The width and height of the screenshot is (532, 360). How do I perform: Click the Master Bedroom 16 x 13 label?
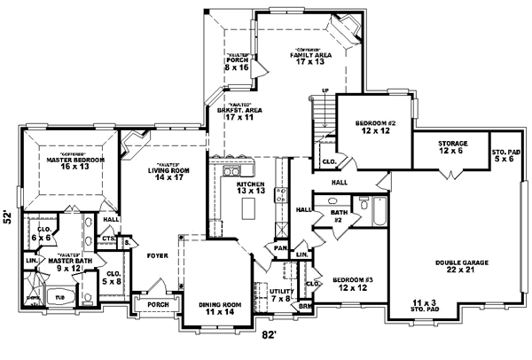[75, 161]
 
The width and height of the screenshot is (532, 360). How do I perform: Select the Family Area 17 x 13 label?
[309, 57]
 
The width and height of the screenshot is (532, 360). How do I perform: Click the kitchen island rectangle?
[248, 210]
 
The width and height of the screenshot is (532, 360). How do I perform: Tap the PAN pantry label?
[280, 249]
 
